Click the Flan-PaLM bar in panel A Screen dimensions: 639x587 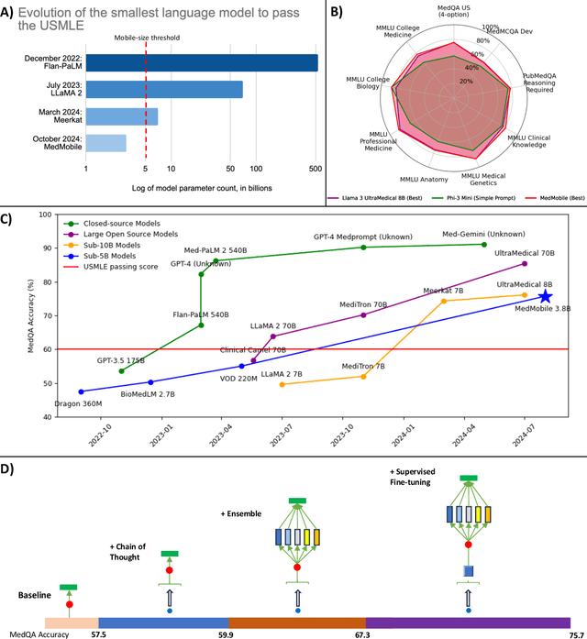202,63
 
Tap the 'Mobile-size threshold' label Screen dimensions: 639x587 147,39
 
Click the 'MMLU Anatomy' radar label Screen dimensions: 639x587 425,178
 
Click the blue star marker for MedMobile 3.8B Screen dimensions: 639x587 545,295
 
